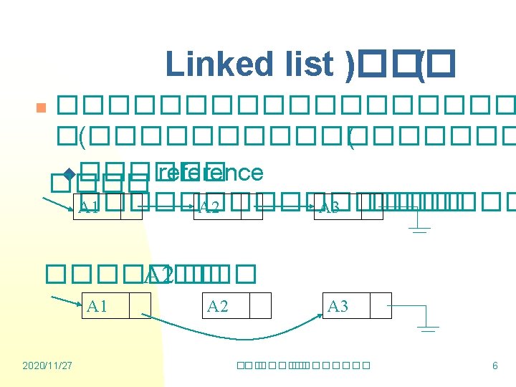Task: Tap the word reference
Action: click(x=209, y=173)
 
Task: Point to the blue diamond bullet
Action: click(x=70, y=174)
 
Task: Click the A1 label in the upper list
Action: click(x=90, y=208)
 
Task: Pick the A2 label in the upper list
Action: click(x=209, y=208)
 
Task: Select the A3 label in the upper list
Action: click(x=330, y=208)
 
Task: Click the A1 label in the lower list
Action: click(x=97, y=306)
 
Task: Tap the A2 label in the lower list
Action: click(x=218, y=306)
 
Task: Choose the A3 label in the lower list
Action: click(x=338, y=306)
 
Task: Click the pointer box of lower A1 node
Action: click(x=140, y=306)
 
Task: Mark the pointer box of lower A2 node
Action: click(x=260, y=306)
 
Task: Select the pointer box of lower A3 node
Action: click(x=381, y=306)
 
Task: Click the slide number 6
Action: click(x=494, y=366)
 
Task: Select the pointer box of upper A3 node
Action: click(x=372, y=207)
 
